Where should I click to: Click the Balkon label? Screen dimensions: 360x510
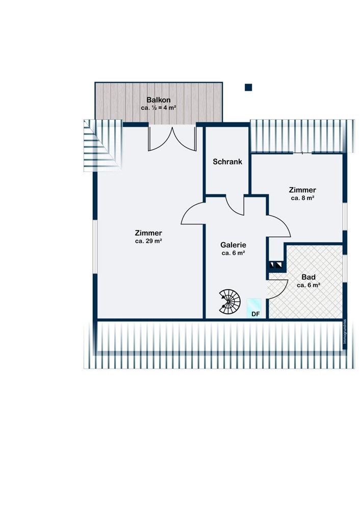[x=159, y=100]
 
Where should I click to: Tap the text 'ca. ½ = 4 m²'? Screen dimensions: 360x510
[x=159, y=108]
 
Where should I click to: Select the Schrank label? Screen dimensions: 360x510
[x=227, y=162]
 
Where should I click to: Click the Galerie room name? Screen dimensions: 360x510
[x=233, y=245]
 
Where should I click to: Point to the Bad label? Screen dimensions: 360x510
[x=308, y=277]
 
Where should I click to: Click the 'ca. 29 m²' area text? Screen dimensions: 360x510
[x=148, y=241]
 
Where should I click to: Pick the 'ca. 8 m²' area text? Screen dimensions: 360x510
[x=302, y=198]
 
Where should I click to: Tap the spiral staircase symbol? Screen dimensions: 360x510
[x=229, y=301]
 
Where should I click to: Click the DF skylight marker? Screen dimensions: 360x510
[x=254, y=308]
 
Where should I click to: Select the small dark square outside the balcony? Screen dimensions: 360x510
[x=248, y=87]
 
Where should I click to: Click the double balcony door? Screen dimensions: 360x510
[x=172, y=139]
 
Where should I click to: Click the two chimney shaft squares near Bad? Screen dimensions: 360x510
[x=276, y=265]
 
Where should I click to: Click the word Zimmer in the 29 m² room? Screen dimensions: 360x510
[x=148, y=233]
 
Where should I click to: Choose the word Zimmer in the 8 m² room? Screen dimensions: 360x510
[x=302, y=190]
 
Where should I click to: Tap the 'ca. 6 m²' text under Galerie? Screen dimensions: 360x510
[x=233, y=253]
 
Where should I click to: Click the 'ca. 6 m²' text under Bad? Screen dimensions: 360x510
[x=308, y=285]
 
